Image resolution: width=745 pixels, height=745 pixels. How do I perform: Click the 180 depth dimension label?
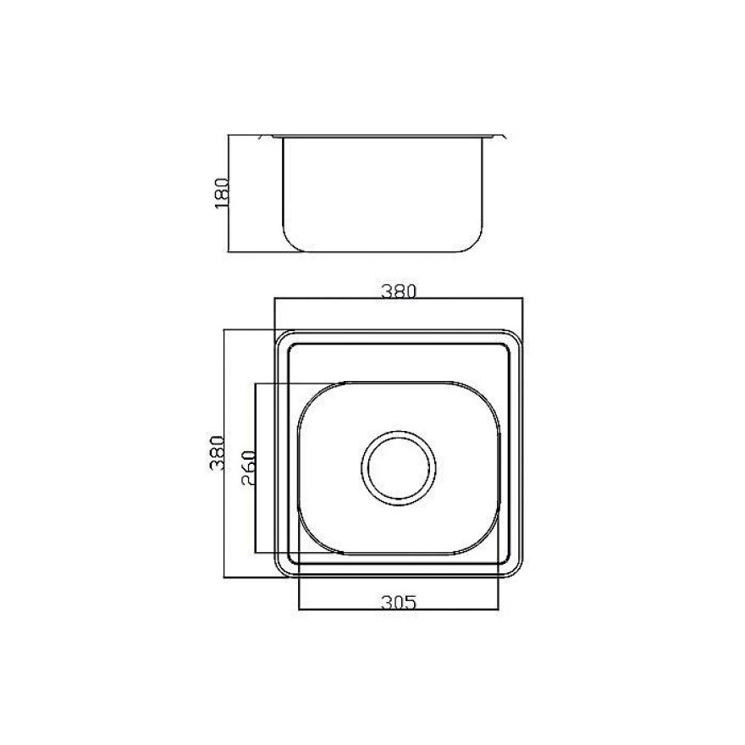(222, 193)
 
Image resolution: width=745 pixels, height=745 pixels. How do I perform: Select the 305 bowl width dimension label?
(399, 603)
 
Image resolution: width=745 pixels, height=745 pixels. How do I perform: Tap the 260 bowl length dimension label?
(249, 467)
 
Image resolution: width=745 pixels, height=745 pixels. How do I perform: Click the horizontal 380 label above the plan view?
(399, 290)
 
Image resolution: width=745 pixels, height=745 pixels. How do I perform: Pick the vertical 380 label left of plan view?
(217, 453)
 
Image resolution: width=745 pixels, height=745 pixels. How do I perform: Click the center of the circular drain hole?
(399, 466)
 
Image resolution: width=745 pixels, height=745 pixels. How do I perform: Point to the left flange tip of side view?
(259, 137)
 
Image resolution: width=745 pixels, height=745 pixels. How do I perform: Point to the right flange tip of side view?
(505, 137)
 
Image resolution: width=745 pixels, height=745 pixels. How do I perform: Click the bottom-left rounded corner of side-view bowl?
(290, 243)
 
